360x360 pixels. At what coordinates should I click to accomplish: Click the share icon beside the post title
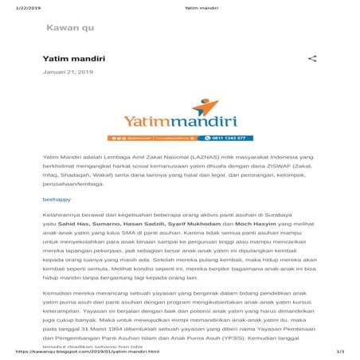(312, 59)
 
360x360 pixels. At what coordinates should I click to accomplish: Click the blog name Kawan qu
(70, 28)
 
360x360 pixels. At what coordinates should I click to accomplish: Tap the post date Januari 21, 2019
(68, 72)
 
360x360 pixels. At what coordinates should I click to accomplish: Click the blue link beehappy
(57, 199)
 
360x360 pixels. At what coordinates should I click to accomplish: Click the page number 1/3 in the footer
(340, 351)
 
